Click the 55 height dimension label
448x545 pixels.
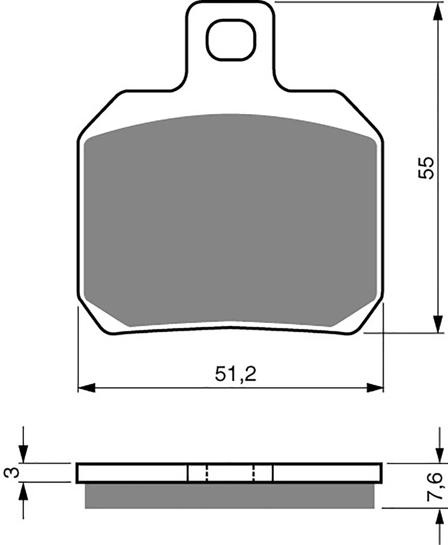[426, 167]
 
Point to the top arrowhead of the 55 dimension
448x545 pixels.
[438, 11]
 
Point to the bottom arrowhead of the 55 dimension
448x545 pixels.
[438, 324]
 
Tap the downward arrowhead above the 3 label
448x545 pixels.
[23, 454]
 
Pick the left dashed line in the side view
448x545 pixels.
[207, 472]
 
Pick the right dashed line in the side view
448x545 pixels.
[254, 472]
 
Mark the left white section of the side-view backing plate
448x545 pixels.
[132, 472]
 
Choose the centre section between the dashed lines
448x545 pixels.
[230, 472]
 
